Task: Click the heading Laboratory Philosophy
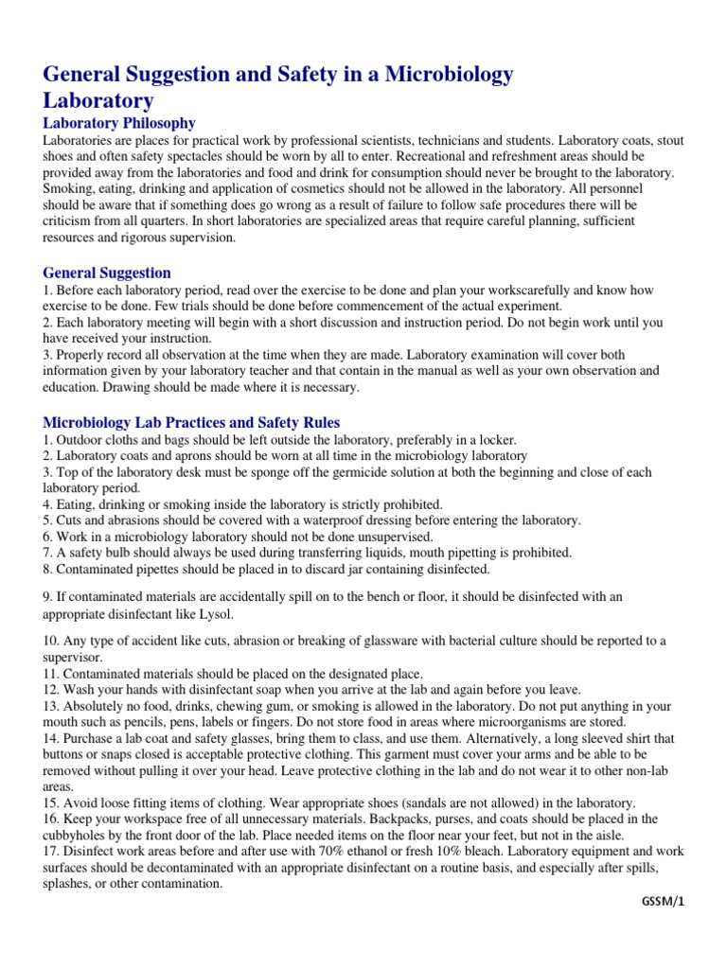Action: point(119,123)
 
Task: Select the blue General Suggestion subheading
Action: point(107,273)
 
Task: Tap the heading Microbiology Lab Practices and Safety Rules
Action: point(191,422)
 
